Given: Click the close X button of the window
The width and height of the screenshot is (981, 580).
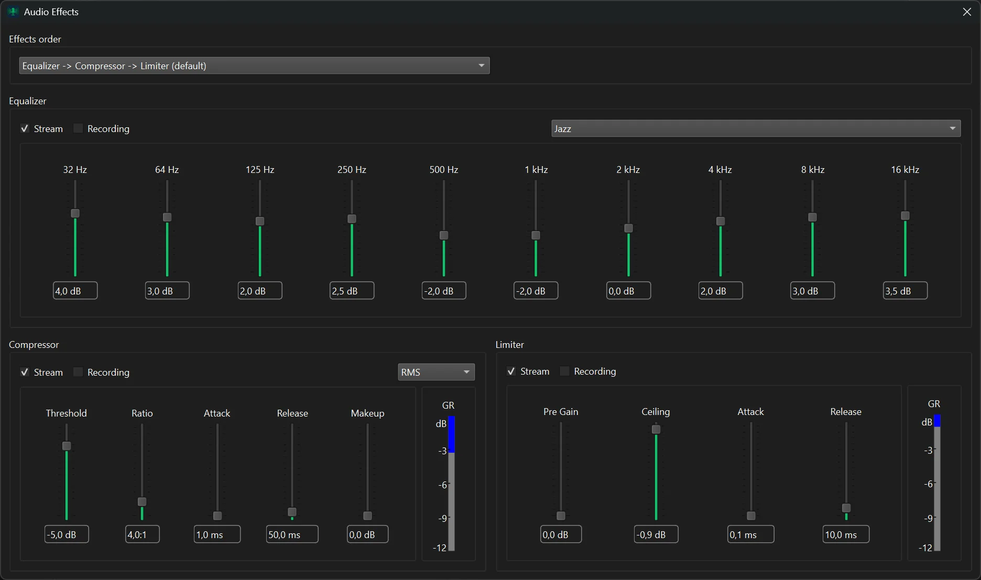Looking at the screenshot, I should click(x=967, y=12).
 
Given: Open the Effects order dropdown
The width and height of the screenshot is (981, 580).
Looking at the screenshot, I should click(x=254, y=65).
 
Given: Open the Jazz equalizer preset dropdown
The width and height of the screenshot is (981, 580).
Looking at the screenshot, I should click(x=756, y=128).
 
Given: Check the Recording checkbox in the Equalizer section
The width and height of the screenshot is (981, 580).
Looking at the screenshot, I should click(x=78, y=128).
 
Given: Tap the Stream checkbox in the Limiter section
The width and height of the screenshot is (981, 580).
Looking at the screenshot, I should click(x=511, y=371).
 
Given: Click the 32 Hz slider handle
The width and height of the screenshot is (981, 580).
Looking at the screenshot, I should click(x=75, y=213).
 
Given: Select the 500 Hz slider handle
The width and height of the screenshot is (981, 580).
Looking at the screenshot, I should click(x=444, y=235).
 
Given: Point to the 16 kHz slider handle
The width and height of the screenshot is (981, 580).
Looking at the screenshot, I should click(x=905, y=216).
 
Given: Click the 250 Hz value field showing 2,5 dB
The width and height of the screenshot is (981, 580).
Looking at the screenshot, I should click(x=352, y=291).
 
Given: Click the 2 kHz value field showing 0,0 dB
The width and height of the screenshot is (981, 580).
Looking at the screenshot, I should click(x=628, y=291).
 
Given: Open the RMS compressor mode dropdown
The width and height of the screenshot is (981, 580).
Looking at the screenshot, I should click(x=436, y=372).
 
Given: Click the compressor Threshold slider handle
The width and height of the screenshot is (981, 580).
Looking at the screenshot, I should click(x=67, y=446).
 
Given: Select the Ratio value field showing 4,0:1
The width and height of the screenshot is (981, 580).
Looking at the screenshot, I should click(x=142, y=534).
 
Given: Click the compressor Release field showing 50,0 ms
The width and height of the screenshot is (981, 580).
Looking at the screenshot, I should click(x=292, y=534).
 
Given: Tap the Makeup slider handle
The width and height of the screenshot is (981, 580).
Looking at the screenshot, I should click(x=367, y=516).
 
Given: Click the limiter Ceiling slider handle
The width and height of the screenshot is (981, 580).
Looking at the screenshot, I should click(x=656, y=430).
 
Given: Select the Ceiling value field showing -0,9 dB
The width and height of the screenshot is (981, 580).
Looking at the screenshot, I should click(x=656, y=534).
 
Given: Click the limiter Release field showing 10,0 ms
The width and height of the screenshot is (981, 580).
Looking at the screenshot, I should click(x=845, y=534).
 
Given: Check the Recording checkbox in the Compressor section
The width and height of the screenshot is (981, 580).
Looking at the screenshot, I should click(x=78, y=372).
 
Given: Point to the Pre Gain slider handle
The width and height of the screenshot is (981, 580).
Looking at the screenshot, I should click(x=561, y=516).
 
